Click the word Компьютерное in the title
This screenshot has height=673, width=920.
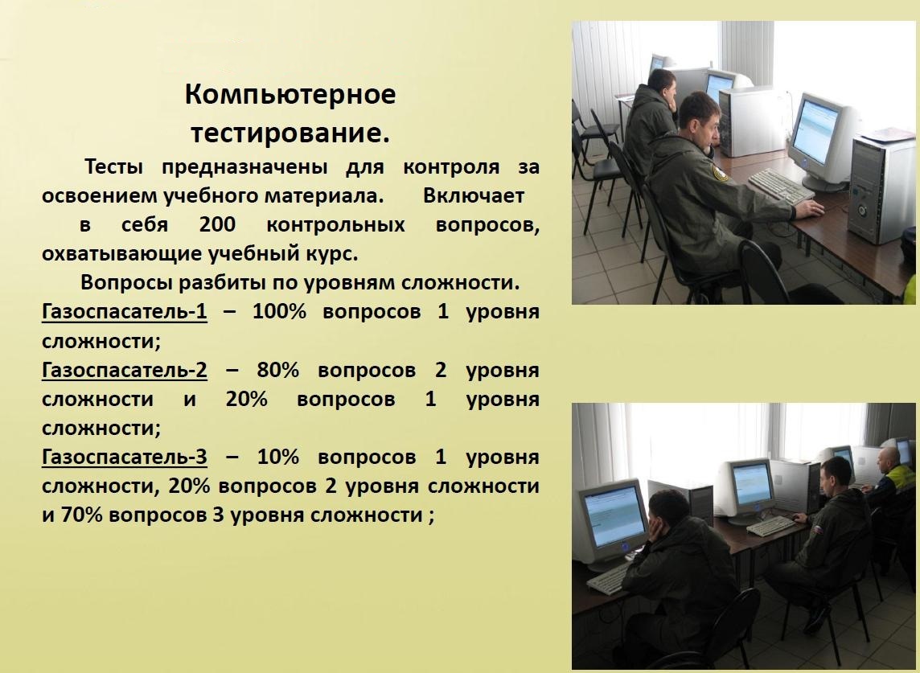(290, 95)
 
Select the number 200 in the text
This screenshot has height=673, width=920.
(217, 224)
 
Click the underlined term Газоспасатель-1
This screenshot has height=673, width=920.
(125, 311)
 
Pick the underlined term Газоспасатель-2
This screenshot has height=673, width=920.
(125, 370)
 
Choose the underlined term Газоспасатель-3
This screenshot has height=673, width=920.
(125, 457)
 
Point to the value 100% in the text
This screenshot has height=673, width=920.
(279, 311)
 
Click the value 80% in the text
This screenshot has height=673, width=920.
(278, 370)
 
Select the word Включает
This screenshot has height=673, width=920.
(474, 195)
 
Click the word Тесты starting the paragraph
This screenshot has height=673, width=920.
(114, 166)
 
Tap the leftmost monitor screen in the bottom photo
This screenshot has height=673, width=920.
(614, 517)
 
